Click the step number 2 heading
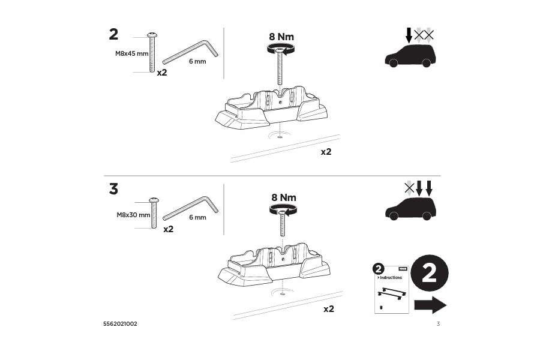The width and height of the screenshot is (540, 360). (x=113, y=35)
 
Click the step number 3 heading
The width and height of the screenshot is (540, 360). (x=113, y=189)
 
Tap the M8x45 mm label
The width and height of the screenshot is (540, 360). (x=131, y=53)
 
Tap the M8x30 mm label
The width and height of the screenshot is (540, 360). (x=133, y=214)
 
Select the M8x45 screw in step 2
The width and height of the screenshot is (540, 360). (x=152, y=52)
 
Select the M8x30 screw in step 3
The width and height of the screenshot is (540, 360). (x=154, y=213)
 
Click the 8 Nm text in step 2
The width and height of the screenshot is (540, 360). (x=281, y=36)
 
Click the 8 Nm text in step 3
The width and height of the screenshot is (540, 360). (x=284, y=197)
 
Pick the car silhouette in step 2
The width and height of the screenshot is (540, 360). (x=409, y=55)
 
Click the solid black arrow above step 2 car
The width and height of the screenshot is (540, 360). (x=409, y=35)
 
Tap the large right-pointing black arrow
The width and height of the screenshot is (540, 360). (x=430, y=305)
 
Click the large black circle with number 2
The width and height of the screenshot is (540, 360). (x=429, y=274)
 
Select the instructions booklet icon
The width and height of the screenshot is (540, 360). (x=391, y=289)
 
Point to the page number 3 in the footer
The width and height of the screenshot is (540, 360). (x=438, y=324)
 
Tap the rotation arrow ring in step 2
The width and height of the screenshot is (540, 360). (x=280, y=50)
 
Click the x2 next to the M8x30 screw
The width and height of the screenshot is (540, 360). (x=168, y=229)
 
